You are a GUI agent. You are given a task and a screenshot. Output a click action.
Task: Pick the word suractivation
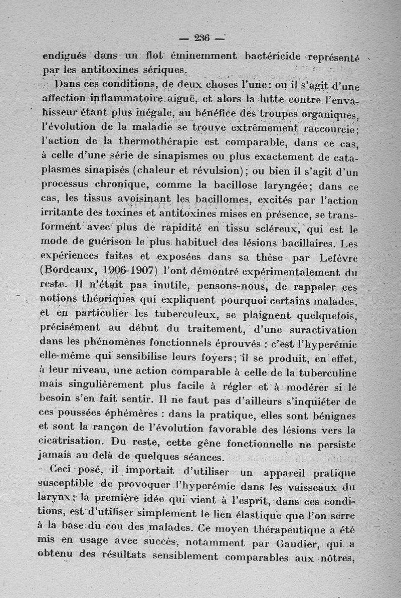(x=320, y=330)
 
